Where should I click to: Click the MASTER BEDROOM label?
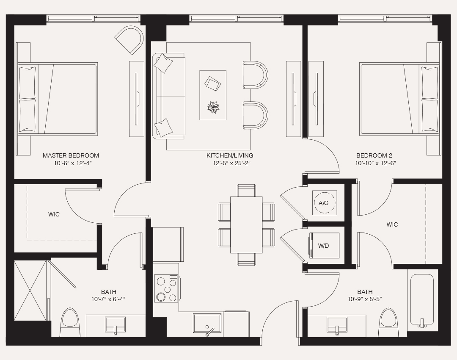pyautogui.click(x=71, y=155)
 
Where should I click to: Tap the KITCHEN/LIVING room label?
pyautogui.click(x=230, y=155)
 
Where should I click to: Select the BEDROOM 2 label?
pyautogui.click(x=374, y=155)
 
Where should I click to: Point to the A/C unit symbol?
pyautogui.click(x=324, y=203)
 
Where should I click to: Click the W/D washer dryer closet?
pyautogui.click(x=324, y=246)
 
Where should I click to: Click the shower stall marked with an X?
pyautogui.click(x=30, y=291)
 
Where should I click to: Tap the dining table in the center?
pyautogui.click(x=246, y=224)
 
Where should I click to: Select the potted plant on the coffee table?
pyautogui.click(x=213, y=107)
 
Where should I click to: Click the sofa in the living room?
pyautogui.click(x=169, y=96)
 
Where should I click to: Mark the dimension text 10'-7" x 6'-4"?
pyautogui.click(x=109, y=299)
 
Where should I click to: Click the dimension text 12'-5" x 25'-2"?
pyautogui.click(x=230, y=163)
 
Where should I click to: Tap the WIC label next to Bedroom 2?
pyautogui.click(x=392, y=224)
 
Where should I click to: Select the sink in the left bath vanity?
pyautogui.click(x=115, y=325)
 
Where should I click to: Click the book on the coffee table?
pyautogui.click(x=212, y=83)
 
